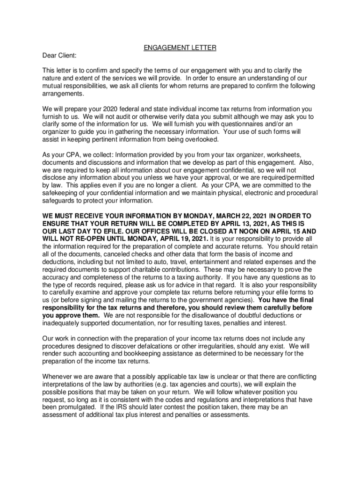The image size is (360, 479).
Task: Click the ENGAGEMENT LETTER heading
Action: point(180,48)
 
